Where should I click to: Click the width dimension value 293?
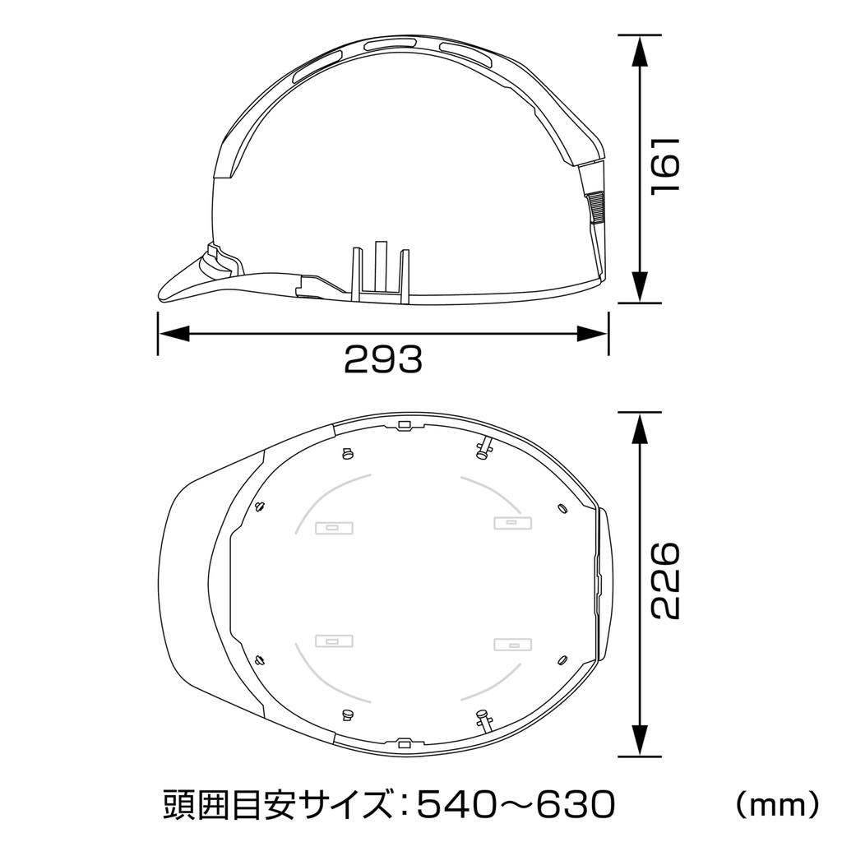(382, 359)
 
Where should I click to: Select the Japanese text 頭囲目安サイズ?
(275, 803)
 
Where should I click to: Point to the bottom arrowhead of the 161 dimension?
(640, 288)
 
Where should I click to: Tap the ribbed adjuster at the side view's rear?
(596, 207)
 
